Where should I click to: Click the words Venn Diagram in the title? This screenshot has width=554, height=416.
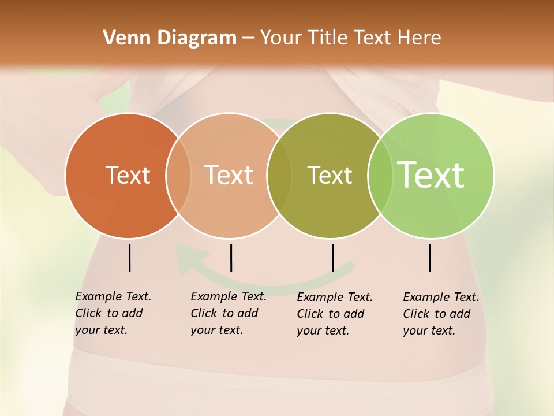pos(170,38)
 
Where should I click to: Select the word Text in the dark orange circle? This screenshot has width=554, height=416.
pos(128,175)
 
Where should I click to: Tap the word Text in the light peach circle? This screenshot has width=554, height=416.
pos(229,175)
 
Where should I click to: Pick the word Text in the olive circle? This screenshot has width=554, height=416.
pos(330,175)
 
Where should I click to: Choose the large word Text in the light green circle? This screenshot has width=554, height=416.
pos(431,174)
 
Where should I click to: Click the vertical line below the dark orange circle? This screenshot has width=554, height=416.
pos(129,258)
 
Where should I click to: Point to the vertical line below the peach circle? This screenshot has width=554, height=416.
pos(231,258)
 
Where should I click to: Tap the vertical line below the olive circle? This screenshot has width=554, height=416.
pos(332,258)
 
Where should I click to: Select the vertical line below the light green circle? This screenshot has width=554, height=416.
pos(430,258)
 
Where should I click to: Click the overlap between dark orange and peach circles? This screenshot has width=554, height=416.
pos(178,175)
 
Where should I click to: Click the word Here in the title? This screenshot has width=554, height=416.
pos(420,38)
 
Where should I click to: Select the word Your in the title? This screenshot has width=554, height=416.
pos(282,38)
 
